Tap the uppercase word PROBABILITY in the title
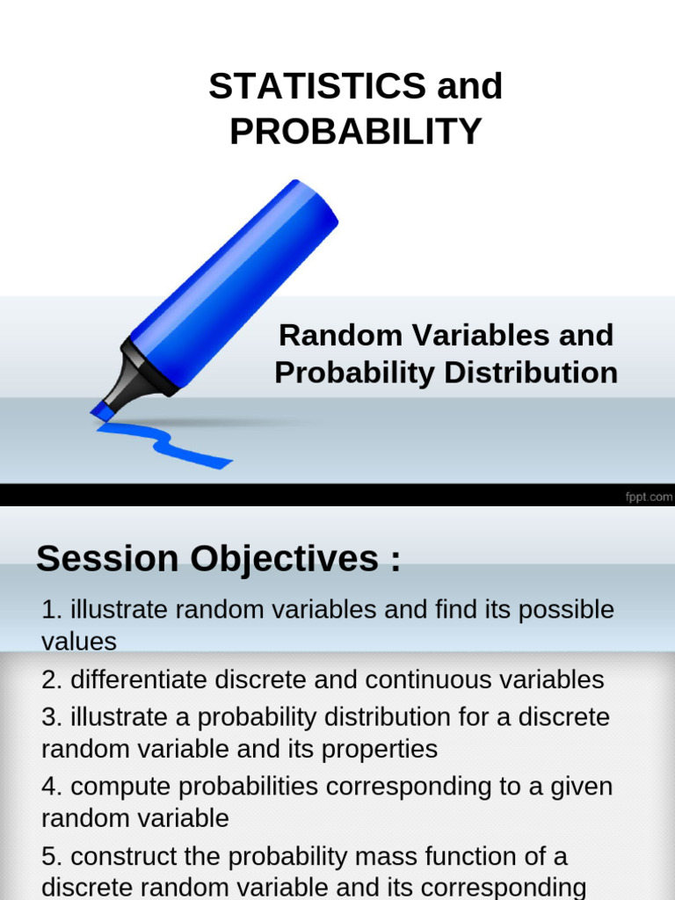click(356, 132)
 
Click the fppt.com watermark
click(649, 497)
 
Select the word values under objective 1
click(79, 642)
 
